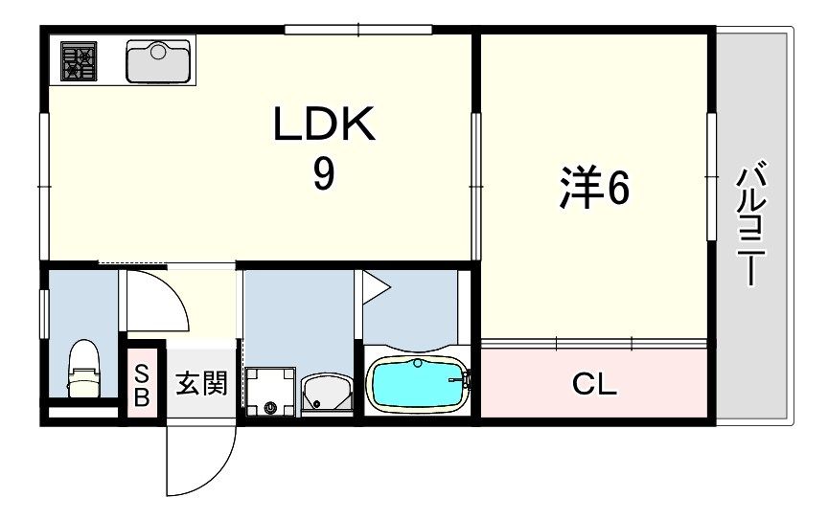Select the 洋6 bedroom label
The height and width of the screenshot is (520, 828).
594,189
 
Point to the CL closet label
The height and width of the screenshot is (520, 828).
594,384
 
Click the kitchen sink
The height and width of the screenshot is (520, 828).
159,62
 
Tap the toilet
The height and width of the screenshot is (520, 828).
83,369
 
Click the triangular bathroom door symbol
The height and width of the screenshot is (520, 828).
374,286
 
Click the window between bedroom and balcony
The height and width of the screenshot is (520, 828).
711,177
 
